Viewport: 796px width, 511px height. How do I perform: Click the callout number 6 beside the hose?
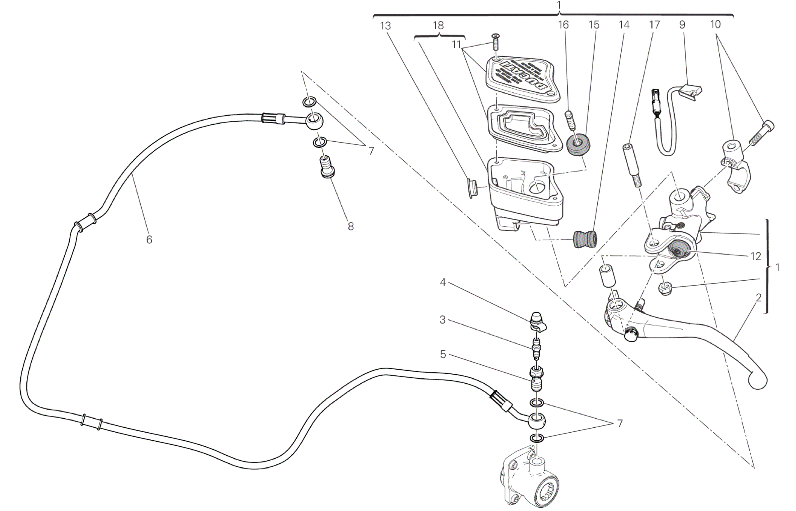pos(149,239)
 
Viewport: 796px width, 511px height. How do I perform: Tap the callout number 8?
pos(350,226)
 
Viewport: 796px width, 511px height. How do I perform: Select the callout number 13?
pos(385,26)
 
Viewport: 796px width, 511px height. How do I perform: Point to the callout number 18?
pos(438,26)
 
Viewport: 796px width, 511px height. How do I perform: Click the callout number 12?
pos(756,256)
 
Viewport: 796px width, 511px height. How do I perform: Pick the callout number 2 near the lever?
pos(759,297)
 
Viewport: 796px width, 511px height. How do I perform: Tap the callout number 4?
pos(443,283)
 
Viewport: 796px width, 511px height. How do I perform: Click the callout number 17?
pos(654,25)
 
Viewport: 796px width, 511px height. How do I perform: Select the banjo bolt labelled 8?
pos(327,170)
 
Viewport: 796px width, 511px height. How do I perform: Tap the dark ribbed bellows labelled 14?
pos(585,239)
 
